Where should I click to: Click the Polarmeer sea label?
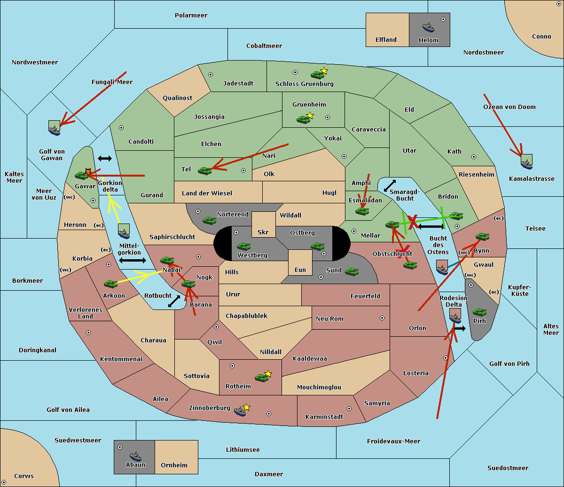[x=191, y=15]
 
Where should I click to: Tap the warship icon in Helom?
[x=428, y=27]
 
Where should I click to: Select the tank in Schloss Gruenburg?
[x=317, y=75]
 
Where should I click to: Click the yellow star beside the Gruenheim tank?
[x=310, y=116]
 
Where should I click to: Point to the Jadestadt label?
[x=238, y=84]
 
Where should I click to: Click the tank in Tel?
[x=204, y=170]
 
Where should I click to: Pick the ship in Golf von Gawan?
[x=55, y=128]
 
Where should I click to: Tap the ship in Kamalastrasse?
[x=527, y=162]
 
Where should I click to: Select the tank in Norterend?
[x=209, y=220]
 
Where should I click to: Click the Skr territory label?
[x=263, y=232]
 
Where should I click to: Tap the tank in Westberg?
[x=243, y=246]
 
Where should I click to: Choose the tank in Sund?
[x=352, y=271]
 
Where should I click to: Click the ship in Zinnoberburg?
[x=240, y=412]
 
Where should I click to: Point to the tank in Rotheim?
[x=261, y=378]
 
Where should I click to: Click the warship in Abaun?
[x=135, y=456]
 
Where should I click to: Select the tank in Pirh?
[x=479, y=312]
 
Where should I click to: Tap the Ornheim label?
[x=174, y=465]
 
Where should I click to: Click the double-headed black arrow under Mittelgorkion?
[x=133, y=261]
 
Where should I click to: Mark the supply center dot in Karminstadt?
[x=349, y=409]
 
